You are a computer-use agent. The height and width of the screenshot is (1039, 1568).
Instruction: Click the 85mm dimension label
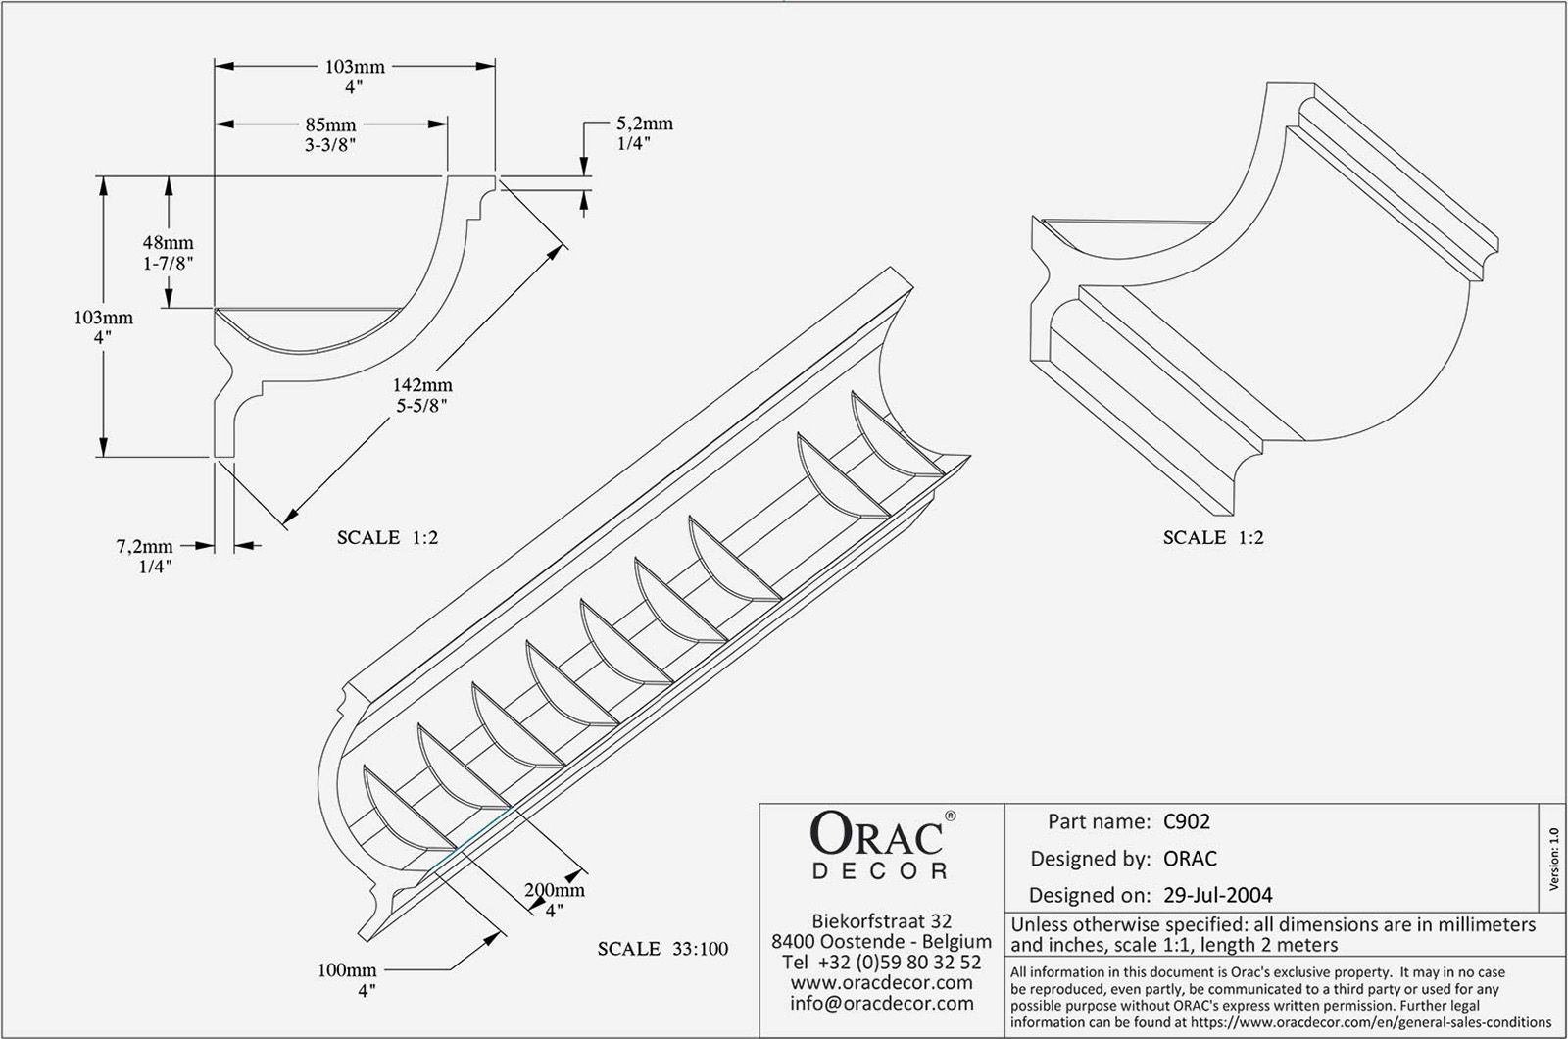330,125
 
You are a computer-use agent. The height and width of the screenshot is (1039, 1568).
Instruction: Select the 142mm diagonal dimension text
422,386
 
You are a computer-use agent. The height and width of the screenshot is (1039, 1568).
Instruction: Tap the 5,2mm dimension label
644,124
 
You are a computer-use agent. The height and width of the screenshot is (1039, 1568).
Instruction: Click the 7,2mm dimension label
144,546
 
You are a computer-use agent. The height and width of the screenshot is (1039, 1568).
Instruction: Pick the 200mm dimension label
555,891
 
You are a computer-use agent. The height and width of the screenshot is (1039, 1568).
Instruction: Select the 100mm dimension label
347,970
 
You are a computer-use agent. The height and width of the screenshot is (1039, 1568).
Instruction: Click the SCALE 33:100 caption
662,949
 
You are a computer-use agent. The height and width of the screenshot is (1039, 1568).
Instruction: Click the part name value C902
1186,821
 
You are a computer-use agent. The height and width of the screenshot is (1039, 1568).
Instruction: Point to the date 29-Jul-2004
1217,894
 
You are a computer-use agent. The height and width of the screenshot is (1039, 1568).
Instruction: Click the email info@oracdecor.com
882,1003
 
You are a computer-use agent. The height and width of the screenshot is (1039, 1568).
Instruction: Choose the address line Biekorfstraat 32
882,921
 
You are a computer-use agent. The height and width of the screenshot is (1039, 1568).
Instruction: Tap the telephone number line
882,962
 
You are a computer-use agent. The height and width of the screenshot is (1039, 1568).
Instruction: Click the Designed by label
1090,859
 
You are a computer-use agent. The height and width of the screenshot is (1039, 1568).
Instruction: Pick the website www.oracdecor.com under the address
882,982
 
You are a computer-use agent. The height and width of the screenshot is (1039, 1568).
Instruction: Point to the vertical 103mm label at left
103,318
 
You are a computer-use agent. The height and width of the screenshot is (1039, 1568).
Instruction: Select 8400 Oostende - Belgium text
882,941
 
